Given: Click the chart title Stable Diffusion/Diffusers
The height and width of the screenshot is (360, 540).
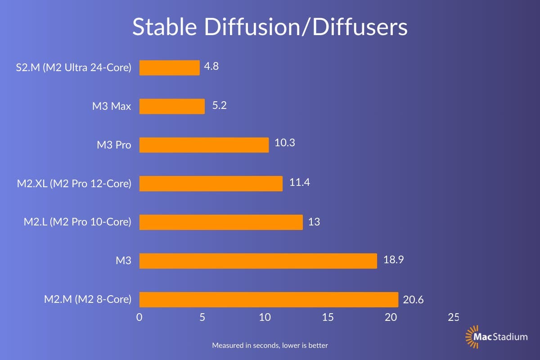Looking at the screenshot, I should pyautogui.click(x=270, y=27).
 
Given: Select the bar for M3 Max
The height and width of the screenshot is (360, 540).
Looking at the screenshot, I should pyautogui.click(x=172, y=107).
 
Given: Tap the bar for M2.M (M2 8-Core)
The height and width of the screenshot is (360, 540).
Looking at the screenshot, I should pyautogui.click(x=269, y=299).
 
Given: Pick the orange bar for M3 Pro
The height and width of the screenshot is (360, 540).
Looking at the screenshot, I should pyautogui.click(x=204, y=145).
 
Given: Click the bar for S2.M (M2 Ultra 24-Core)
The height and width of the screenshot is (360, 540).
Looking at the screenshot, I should pyautogui.click(x=169, y=68).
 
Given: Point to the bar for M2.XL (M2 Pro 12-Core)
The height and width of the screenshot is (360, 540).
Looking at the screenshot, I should pyautogui.click(x=211, y=184).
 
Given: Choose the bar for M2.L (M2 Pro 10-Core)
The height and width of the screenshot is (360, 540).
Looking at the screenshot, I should pyautogui.click(x=221, y=222).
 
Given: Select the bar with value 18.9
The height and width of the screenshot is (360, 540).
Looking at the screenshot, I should pyautogui.click(x=258, y=261).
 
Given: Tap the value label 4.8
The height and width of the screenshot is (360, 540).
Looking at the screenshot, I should pyautogui.click(x=211, y=67).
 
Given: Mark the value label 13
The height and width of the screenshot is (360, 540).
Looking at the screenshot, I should pyautogui.click(x=314, y=221).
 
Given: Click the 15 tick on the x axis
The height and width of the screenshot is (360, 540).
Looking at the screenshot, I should pyautogui.click(x=328, y=317).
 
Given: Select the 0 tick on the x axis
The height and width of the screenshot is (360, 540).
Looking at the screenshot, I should pyautogui.click(x=139, y=317).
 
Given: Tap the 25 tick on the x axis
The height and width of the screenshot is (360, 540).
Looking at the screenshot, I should pyautogui.click(x=453, y=317).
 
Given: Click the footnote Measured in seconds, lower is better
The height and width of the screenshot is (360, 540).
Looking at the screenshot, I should pyautogui.click(x=270, y=346).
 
